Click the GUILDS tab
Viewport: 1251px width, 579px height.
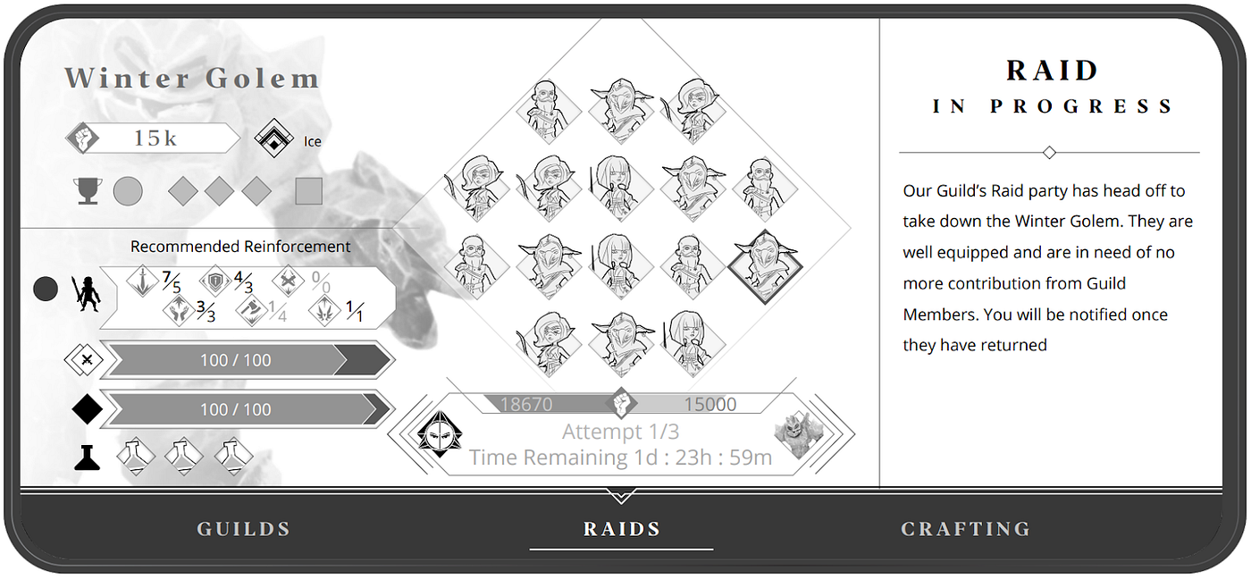click(243, 529)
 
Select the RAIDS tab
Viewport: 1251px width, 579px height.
click(622, 529)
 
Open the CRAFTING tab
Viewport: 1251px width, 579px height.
click(966, 529)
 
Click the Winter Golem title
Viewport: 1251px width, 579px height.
click(192, 78)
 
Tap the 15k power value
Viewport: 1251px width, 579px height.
click(155, 138)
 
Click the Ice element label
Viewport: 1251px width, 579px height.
click(312, 141)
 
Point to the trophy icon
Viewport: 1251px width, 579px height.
click(88, 191)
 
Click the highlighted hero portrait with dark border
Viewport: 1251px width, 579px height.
click(765, 266)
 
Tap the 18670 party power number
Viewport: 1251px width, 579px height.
click(526, 404)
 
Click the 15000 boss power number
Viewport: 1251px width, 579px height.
click(710, 404)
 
